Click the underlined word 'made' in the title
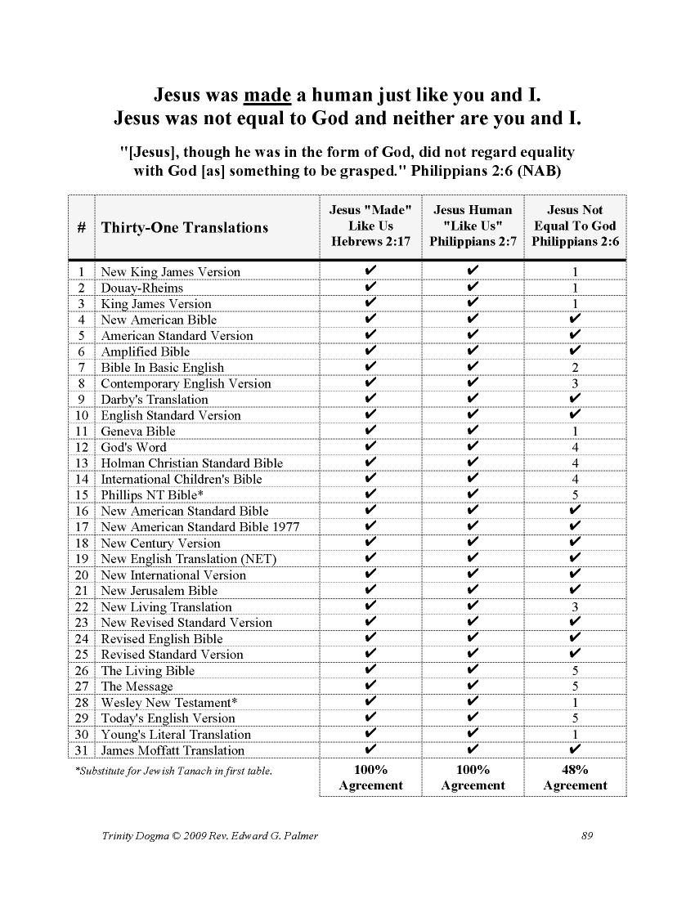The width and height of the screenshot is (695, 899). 268,94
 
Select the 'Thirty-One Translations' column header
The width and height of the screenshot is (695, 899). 184,227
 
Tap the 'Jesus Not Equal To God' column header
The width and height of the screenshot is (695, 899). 575,226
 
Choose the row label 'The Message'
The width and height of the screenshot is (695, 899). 137,687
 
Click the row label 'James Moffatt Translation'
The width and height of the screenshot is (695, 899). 173,750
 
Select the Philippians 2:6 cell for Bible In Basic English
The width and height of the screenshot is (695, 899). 576,368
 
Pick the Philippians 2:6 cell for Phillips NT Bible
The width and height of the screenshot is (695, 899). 576,495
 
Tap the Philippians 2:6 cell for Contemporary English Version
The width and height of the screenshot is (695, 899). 576,383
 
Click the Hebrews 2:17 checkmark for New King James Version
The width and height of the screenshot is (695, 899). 371,271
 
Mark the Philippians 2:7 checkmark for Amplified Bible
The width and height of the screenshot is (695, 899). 473,351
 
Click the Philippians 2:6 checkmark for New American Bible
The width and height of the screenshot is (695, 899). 576,320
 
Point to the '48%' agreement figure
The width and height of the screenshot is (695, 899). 575,769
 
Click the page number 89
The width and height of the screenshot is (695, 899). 586,835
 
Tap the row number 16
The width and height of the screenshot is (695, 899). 81,512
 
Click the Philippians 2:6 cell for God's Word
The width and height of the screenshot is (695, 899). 576,447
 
